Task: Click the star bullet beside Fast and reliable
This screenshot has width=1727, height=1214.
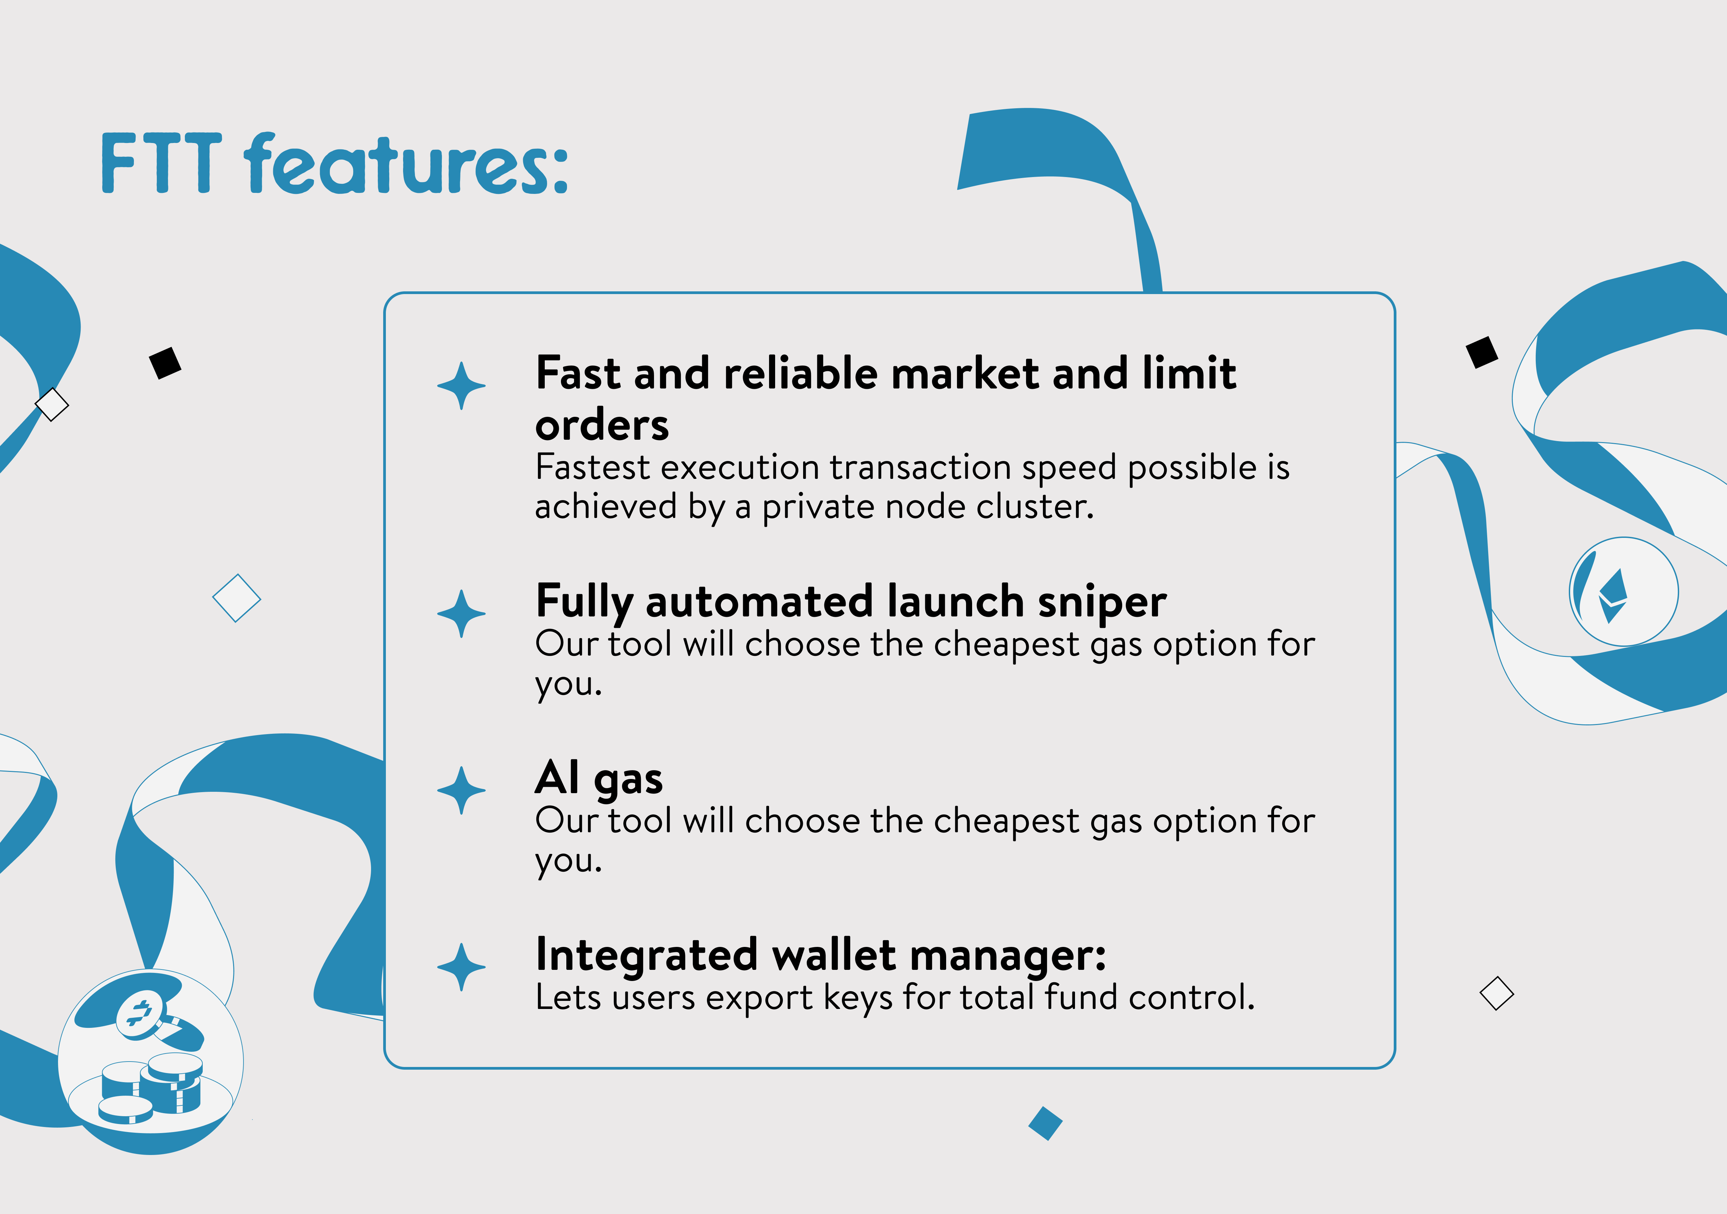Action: coord(461,386)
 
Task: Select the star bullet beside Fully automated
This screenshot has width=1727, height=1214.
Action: coord(461,614)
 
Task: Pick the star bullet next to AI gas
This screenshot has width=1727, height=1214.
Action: coord(461,790)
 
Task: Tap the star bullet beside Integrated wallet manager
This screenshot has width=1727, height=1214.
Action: coord(461,967)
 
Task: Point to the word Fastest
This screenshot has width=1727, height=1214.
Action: coord(592,467)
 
